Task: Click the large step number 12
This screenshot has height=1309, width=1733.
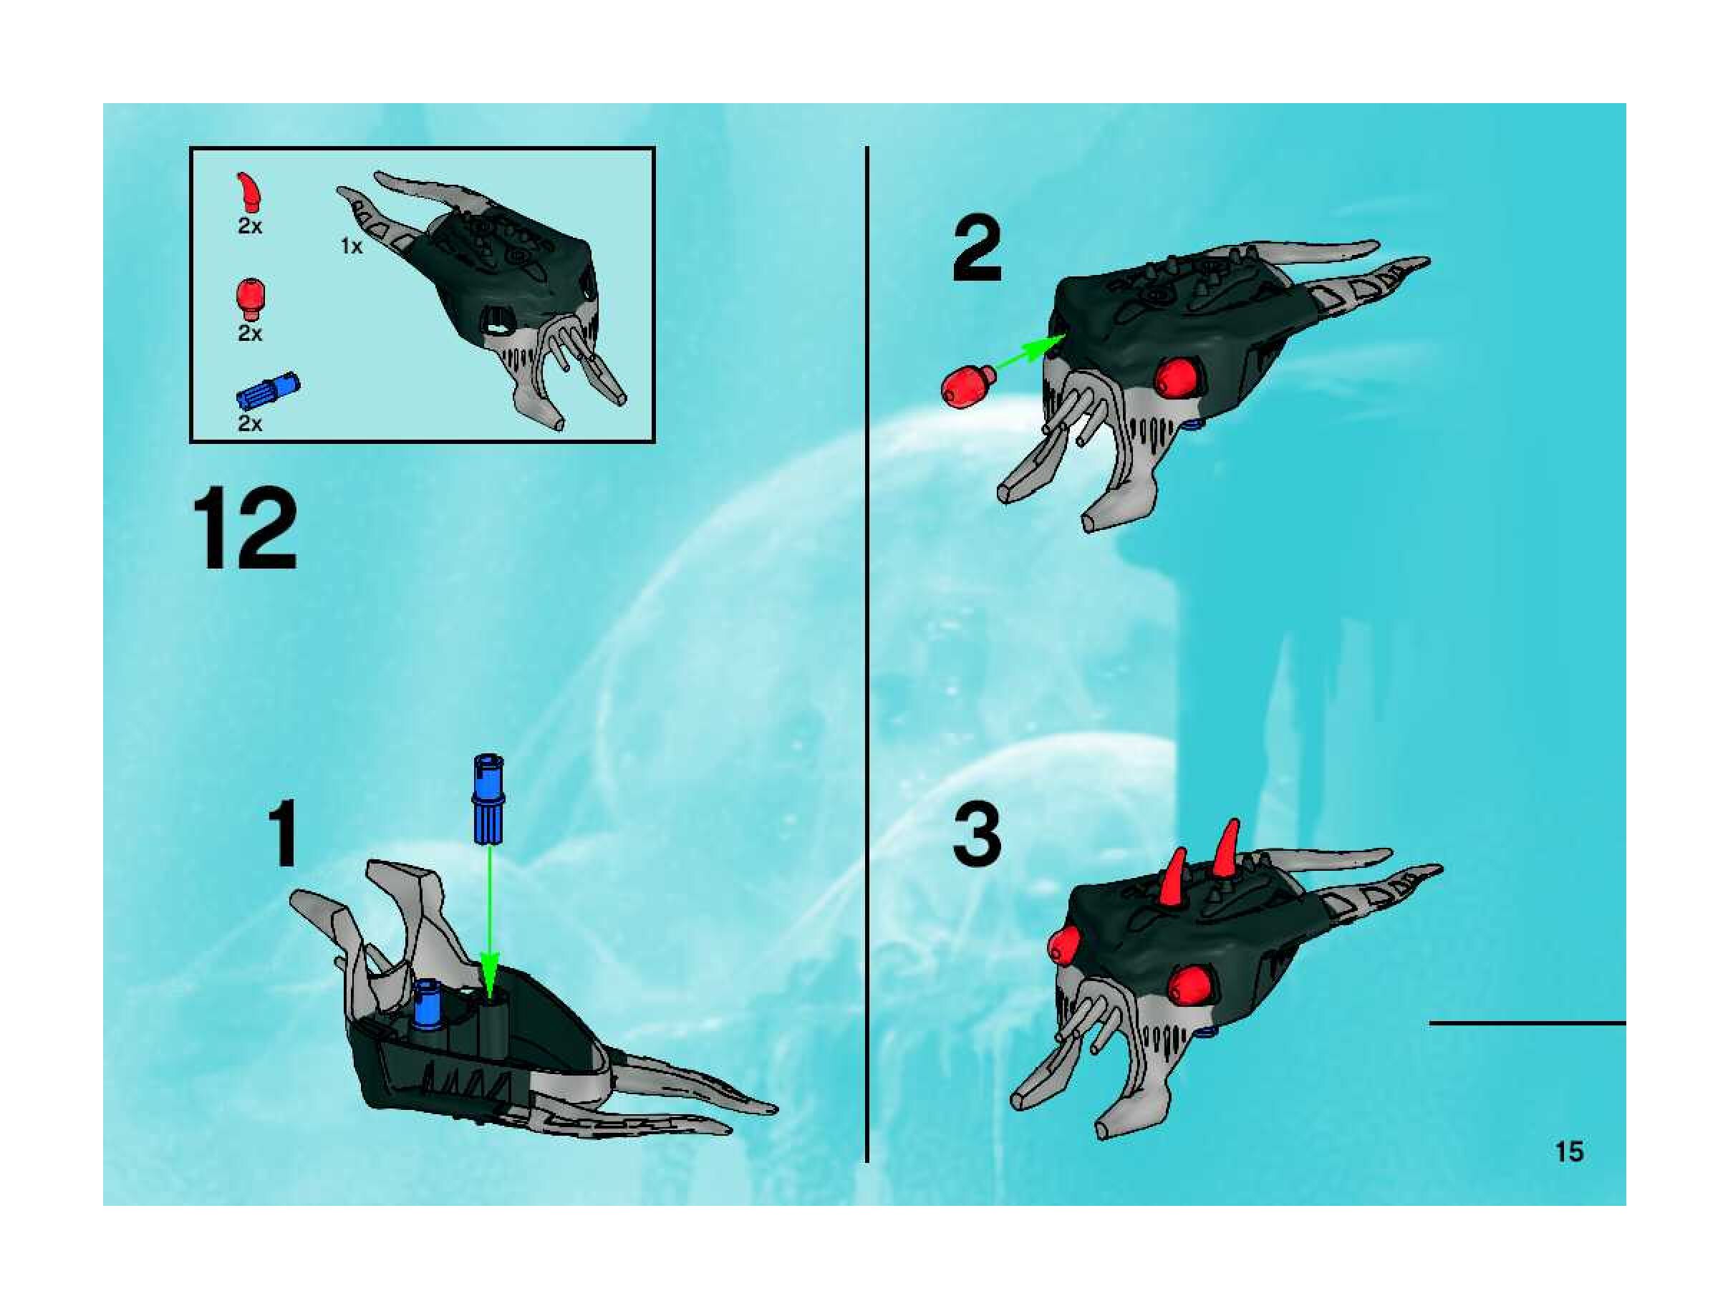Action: (x=245, y=531)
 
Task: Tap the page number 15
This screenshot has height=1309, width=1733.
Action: (x=1568, y=1151)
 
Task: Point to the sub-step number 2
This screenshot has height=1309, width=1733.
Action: (x=977, y=250)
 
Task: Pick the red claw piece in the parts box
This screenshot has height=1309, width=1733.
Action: (x=249, y=193)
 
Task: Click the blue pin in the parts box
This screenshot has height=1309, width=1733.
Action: (x=268, y=391)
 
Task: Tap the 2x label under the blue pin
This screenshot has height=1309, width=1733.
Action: (x=250, y=424)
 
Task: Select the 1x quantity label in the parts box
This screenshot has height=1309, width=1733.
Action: (x=352, y=246)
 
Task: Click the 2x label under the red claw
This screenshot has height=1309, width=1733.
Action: (x=250, y=226)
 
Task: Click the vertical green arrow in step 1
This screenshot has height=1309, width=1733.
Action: (x=490, y=921)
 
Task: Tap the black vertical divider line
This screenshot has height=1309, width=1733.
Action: (x=867, y=654)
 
